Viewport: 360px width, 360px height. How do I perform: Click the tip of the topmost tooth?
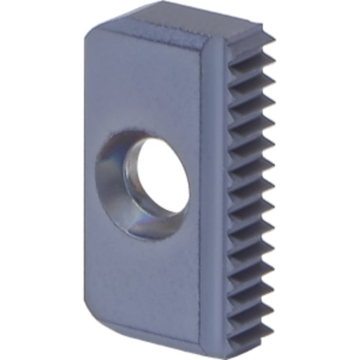pyautogui.click(x=272, y=37)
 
